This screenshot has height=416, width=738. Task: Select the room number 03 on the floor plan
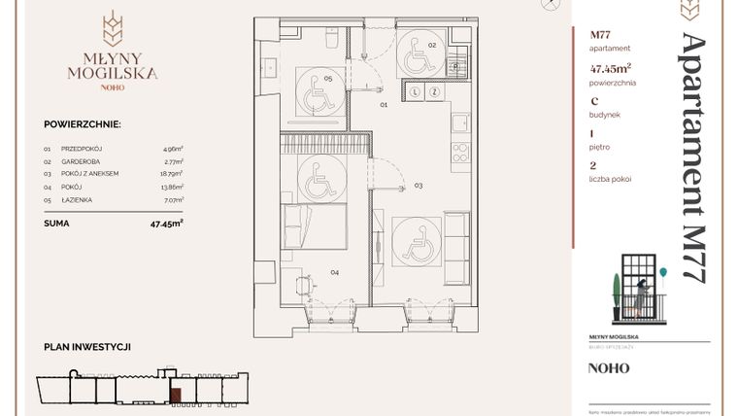(419, 184)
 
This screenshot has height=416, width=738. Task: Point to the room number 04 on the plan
(334, 273)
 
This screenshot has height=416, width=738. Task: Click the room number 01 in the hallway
(384, 103)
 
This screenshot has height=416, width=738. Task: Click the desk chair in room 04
(301, 287)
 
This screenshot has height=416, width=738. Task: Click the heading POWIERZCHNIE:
(82, 124)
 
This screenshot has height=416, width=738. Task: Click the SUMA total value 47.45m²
(167, 222)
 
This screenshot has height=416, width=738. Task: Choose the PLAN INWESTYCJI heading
(87, 347)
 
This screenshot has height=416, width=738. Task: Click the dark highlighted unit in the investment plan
(175, 393)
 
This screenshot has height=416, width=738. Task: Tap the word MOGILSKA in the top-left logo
(113, 73)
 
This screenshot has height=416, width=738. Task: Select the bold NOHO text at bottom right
(609, 368)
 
